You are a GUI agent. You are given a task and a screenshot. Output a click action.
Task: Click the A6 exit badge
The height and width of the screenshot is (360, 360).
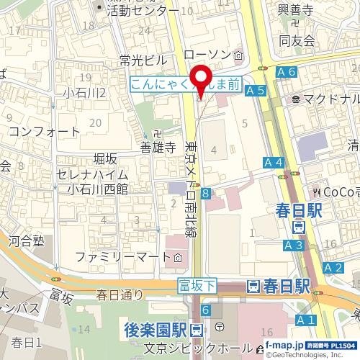pyautogui.click(x=286, y=72)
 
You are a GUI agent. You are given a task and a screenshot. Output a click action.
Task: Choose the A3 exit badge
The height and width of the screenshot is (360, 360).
pyautogui.click(x=293, y=246)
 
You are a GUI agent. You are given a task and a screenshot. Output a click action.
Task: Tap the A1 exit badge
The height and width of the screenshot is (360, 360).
pyautogui.click(x=305, y=319)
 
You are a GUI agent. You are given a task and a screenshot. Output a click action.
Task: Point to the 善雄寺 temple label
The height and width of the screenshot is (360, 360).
pyautogui.click(x=158, y=148)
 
